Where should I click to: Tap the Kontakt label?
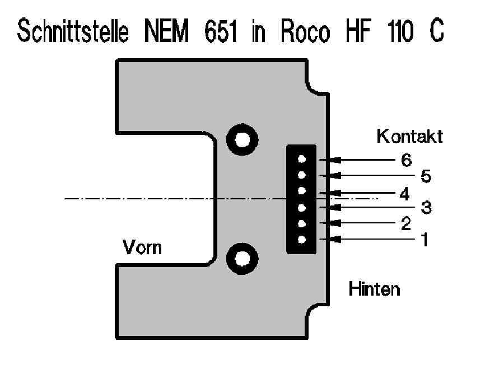tap(409, 136)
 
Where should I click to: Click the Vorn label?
tap(143, 246)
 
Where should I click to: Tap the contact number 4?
tap(405, 193)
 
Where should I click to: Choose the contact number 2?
tap(407, 224)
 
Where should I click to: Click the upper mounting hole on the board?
tap(242, 138)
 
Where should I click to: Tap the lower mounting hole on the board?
tap(242, 258)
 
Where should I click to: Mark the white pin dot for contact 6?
tap(301, 160)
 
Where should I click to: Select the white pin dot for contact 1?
tap(301, 240)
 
